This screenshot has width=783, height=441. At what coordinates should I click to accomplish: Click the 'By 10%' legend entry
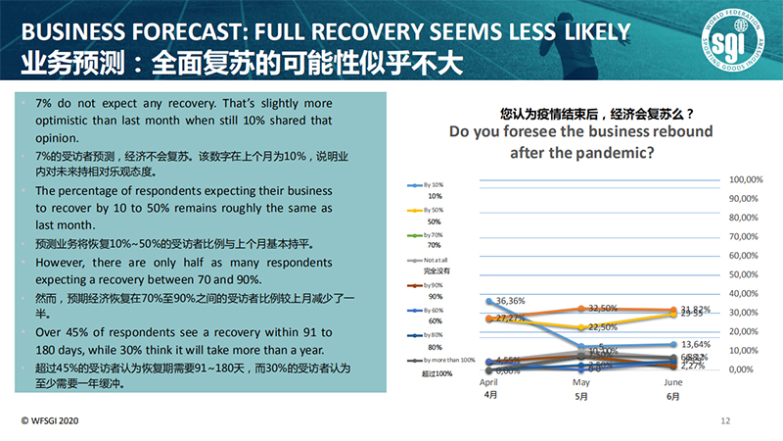435,184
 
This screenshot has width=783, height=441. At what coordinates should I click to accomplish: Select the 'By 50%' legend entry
435,210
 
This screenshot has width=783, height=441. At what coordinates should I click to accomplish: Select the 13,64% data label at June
696,344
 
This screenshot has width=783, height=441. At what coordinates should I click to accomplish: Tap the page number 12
725,420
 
